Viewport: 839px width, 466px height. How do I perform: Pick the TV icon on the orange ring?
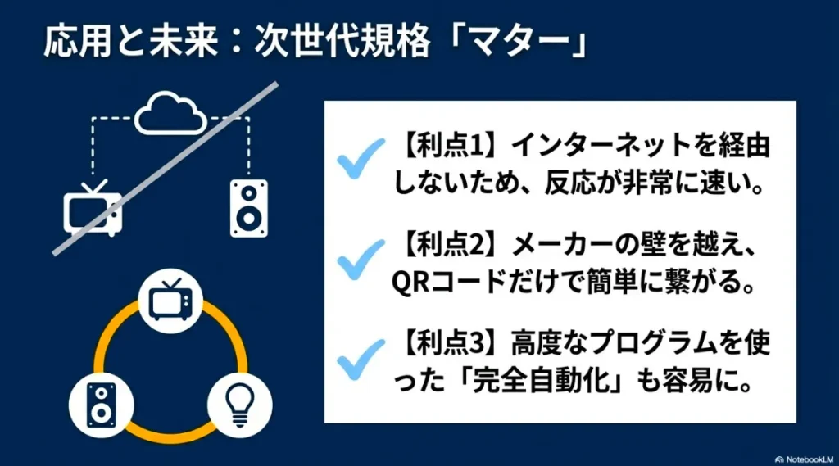170,299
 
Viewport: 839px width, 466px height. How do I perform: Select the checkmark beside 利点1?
361,157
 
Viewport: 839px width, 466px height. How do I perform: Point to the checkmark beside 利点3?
361,357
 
